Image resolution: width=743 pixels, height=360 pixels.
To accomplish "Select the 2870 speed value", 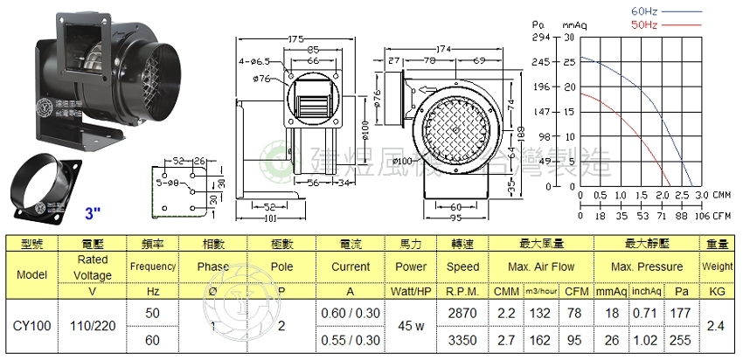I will click(462, 312).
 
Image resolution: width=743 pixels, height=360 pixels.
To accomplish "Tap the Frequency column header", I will click(152, 266).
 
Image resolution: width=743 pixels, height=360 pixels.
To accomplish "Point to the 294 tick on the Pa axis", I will click(540, 38).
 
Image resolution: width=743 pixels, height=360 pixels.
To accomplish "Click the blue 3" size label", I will click(94, 211).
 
